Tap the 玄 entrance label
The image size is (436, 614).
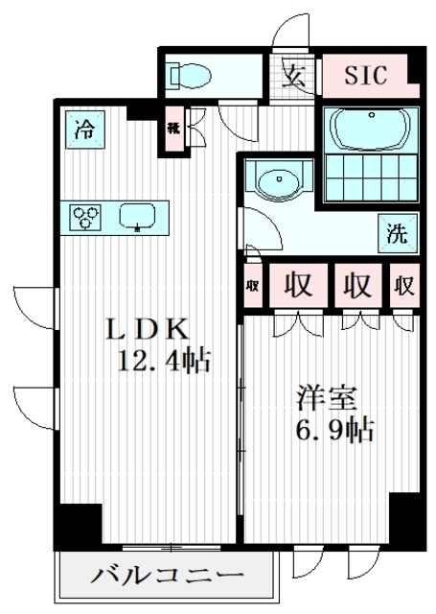295,76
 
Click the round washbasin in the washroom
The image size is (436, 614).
278,179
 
